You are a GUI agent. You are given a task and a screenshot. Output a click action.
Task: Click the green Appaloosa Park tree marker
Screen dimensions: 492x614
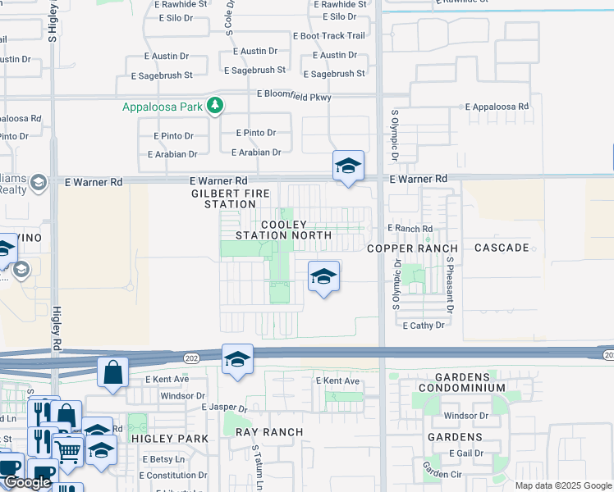coord(215,106)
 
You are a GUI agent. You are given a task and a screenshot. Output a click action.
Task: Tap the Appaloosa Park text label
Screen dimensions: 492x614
coord(163,107)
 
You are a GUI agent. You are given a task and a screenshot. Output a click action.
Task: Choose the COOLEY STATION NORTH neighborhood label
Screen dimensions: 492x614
coord(283,230)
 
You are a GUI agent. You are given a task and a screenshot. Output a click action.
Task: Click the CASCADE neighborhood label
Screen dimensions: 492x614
coord(500,248)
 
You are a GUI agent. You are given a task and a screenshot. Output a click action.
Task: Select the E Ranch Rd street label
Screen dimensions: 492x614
coord(410,229)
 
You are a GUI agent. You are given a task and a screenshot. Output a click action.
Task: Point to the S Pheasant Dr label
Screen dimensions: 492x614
coord(450,284)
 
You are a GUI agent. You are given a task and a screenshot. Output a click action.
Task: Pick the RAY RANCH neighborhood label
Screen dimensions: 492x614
coord(269,431)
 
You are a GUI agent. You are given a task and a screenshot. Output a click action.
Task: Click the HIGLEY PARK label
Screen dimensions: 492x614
coord(170,439)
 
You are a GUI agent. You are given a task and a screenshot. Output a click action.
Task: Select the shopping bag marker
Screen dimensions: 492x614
coord(112,371)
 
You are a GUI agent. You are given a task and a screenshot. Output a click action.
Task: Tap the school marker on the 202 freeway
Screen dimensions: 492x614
coord(237,359)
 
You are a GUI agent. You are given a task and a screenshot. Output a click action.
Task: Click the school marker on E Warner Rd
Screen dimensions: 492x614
coord(348,166)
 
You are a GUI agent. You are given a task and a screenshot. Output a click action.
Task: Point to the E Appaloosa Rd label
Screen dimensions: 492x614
coord(497,107)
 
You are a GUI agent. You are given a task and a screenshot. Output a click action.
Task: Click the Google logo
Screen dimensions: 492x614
coord(28,483)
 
